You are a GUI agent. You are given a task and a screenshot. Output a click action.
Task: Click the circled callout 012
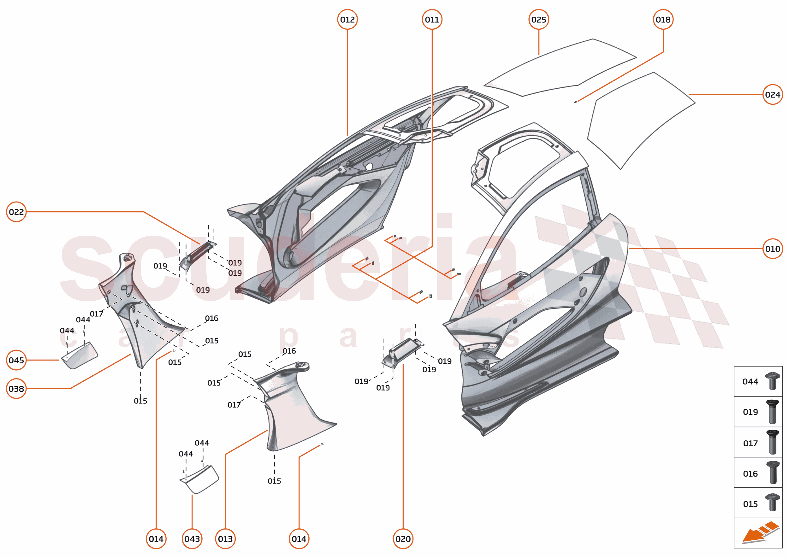pos(347,20)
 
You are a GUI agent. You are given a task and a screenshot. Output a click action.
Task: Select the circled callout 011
pos(432,20)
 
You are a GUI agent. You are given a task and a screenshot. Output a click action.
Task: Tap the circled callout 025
pos(538,20)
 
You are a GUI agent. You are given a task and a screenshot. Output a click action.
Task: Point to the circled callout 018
pos(663,20)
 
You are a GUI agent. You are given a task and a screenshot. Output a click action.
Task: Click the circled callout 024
pos(773,95)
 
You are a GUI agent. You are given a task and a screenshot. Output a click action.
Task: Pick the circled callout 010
pos(773,249)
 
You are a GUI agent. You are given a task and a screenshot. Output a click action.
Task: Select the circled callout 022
pos(16,212)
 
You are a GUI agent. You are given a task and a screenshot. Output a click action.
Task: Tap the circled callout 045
pos(16,360)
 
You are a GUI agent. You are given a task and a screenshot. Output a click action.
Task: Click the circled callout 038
pos(16,389)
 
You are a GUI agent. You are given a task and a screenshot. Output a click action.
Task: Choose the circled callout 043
pos(192,539)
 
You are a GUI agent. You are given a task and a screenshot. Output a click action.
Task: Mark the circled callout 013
pos(225,539)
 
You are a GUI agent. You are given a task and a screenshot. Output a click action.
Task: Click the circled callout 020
pos(403,539)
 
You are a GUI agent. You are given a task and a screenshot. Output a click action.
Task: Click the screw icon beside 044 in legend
pos(773,381)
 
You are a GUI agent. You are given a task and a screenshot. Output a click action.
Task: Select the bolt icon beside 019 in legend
pos(773,411)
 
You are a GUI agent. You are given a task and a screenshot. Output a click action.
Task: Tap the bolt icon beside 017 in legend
pos(773,442)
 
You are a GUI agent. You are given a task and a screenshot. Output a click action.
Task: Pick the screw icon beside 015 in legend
pos(773,502)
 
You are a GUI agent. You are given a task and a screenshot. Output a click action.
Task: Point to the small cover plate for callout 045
pos(80,355)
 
